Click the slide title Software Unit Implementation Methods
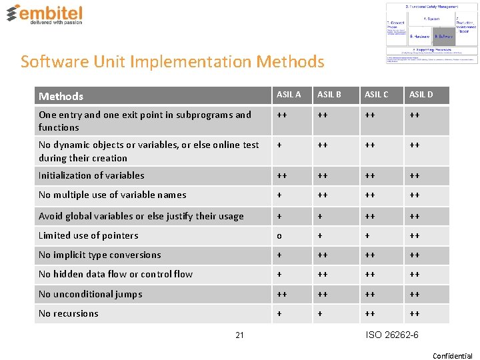click(173, 62)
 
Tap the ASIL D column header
click(421, 95)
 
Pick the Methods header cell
click(61, 96)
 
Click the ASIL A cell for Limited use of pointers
click(280, 235)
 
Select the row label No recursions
click(69, 313)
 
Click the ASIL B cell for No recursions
click(321, 313)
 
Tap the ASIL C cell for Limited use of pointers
click(367, 235)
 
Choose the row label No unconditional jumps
click(91, 294)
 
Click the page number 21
click(239, 335)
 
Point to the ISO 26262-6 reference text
click(392, 334)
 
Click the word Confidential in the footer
click(453, 355)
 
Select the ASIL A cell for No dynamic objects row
click(280, 145)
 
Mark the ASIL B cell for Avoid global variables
click(321, 216)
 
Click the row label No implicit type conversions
click(100, 255)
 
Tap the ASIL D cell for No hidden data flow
click(415, 274)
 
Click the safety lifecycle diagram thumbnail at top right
click(431, 32)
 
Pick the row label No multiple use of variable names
click(113, 195)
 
